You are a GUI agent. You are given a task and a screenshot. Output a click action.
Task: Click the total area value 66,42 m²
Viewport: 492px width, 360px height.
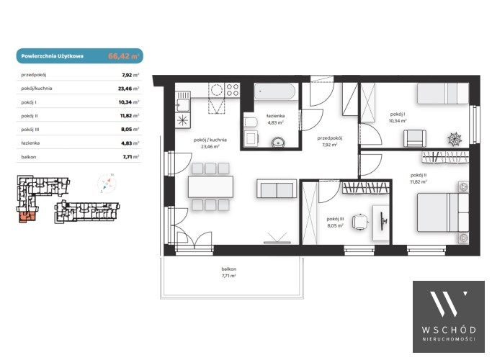124,56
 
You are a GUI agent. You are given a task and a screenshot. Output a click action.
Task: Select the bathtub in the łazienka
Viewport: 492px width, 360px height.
274,91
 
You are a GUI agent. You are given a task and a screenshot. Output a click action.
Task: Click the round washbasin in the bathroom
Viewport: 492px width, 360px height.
278,142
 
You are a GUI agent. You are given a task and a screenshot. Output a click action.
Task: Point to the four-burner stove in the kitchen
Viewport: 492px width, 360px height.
233,90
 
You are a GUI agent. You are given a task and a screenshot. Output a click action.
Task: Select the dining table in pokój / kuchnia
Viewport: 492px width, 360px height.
210,186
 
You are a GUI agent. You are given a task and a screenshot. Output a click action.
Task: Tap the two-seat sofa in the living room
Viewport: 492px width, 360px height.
277,189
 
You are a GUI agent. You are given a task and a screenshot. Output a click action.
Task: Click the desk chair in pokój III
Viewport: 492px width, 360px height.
360,222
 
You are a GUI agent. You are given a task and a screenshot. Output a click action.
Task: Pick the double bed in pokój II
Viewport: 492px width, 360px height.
443,212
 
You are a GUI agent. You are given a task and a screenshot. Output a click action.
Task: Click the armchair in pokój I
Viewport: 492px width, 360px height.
415,138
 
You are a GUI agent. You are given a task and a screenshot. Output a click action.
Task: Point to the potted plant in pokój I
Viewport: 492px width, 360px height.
455,139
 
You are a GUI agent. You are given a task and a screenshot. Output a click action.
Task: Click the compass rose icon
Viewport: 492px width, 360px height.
107,183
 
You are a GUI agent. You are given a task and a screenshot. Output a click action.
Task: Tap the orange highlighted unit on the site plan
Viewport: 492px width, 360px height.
27,217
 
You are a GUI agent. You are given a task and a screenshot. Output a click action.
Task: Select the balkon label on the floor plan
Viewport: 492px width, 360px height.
229,269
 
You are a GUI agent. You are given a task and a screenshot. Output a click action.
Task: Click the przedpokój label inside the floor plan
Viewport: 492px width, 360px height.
329,138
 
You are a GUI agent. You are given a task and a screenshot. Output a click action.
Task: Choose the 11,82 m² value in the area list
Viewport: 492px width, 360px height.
130,116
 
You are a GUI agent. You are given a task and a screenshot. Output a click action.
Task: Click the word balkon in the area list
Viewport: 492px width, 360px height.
29,157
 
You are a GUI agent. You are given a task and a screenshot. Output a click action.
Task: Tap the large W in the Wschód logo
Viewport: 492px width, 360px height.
448,304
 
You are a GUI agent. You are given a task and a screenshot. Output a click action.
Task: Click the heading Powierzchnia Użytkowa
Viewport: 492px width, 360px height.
52,56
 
